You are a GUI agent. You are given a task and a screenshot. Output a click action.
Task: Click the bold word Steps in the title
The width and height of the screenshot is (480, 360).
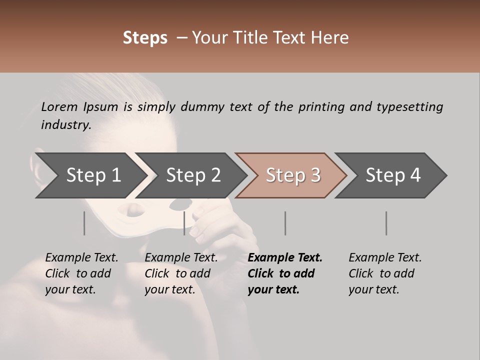click(145, 38)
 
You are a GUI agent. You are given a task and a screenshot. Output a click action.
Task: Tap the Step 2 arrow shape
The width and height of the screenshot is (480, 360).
click(193, 175)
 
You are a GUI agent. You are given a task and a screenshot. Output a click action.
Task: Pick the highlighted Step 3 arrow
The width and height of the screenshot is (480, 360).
click(292, 175)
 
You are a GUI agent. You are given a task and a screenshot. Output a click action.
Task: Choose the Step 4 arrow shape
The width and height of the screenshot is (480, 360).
click(392, 175)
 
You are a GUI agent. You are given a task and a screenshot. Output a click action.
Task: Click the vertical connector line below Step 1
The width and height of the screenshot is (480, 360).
click(84, 223)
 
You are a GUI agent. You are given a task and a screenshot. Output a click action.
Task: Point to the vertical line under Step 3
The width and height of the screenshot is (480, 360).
click(285, 223)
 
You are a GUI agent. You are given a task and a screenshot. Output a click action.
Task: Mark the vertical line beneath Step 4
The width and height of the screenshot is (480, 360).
click(386, 223)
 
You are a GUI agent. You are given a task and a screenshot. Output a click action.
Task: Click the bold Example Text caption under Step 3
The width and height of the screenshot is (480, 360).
click(285, 273)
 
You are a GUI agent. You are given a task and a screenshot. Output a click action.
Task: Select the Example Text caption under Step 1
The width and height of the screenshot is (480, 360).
click(82, 273)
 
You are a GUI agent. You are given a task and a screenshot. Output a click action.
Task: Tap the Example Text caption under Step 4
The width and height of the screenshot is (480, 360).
click(385, 273)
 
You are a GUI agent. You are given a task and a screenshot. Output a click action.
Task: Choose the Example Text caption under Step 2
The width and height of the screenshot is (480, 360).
click(181, 273)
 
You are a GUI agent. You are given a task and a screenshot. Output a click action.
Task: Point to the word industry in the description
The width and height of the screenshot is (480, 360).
click(66, 124)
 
